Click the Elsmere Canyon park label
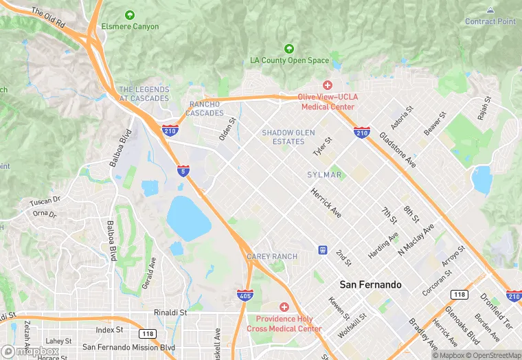tap(130, 27)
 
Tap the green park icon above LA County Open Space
tap(289, 49)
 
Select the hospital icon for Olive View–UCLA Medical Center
tap(328, 85)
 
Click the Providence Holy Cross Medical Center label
tap(288, 324)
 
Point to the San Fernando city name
tap(370, 284)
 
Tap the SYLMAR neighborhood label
tap(324, 175)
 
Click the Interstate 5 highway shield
tap(183, 170)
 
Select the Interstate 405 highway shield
tap(245, 295)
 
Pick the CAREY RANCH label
tap(272, 257)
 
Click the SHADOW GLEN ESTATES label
tap(283, 137)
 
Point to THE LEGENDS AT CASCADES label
tap(144, 94)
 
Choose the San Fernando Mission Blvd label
tap(128, 348)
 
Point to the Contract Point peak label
tap(490, 21)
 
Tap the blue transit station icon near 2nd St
tap(322, 250)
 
